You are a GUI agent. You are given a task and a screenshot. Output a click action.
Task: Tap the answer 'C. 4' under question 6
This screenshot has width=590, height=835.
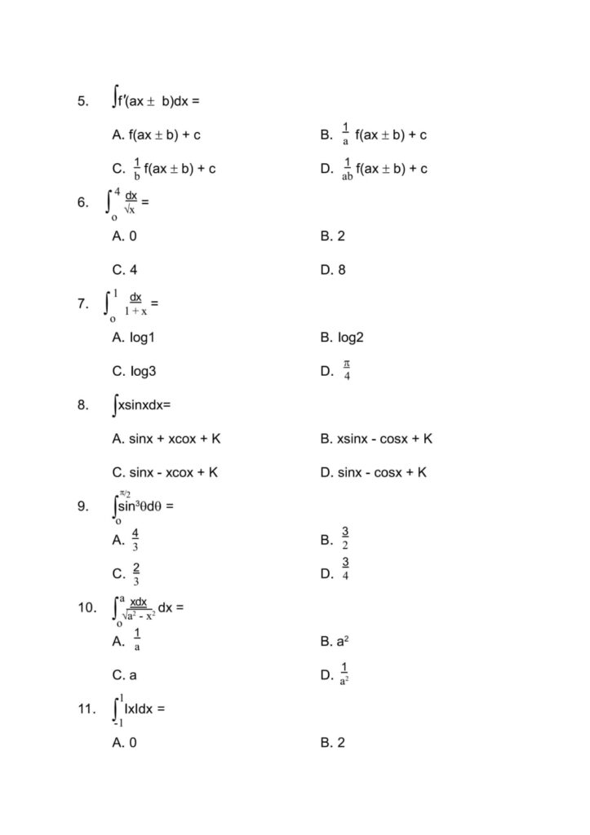click(x=125, y=270)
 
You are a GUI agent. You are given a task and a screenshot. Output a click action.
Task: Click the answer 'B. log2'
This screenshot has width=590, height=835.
click(x=342, y=338)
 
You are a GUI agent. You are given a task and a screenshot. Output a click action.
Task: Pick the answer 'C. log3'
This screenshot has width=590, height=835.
click(x=134, y=371)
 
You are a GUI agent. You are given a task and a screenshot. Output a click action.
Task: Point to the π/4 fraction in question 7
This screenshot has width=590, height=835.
click(x=347, y=370)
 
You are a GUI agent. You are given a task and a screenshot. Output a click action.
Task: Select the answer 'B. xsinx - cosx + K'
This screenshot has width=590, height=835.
click(x=376, y=439)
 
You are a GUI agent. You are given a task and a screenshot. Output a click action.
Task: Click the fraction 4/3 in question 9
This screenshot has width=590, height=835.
click(x=135, y=540)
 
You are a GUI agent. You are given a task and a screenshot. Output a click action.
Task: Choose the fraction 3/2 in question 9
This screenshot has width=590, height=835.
click(x=346, y=539)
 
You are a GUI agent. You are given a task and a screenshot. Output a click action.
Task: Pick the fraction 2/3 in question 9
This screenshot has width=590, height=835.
click(x=135, y=573)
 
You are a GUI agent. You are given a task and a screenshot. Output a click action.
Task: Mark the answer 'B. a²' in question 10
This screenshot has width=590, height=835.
click(x=335, y=642)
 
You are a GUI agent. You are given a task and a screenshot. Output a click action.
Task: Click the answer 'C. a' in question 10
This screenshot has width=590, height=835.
click(x=125, y=675)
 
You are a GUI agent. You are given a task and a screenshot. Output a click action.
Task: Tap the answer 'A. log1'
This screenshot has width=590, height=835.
click(x=133, y=338)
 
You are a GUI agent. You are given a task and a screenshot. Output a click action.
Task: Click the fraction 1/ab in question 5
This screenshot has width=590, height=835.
click(x=348, y=169)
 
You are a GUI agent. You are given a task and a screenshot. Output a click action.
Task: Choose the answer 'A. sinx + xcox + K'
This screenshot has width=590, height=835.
click(x=166, y=439)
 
